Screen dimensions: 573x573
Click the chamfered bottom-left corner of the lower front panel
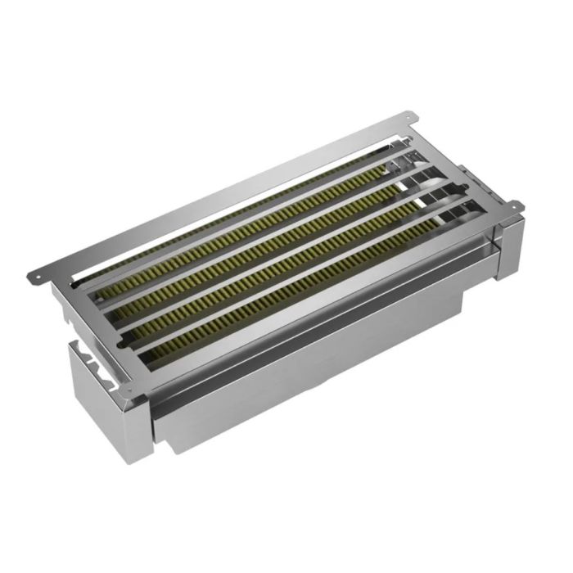point(168,446)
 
